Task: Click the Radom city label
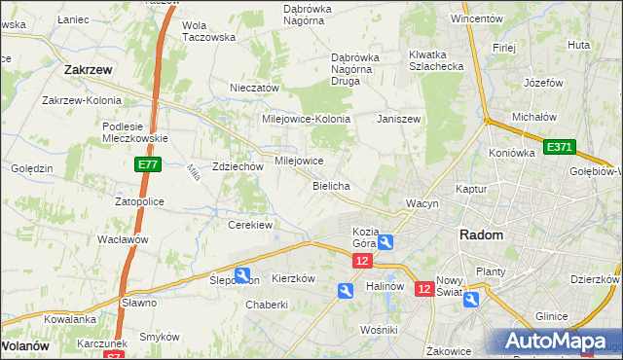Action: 482,235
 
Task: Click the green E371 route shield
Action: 560,147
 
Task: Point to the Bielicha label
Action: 331,185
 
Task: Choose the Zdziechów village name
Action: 238,166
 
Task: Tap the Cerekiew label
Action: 249,225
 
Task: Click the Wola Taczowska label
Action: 209,31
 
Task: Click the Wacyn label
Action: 423,203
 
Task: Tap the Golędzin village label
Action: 32,168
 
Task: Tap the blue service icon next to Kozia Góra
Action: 386,241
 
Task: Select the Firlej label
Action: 503,47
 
